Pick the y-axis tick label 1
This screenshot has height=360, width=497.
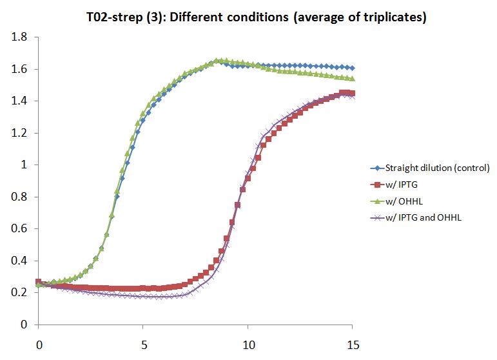26,165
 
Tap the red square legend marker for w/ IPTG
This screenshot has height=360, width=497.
376,185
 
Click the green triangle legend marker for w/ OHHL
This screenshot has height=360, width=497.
376,201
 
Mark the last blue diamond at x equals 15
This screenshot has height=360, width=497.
352,68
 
